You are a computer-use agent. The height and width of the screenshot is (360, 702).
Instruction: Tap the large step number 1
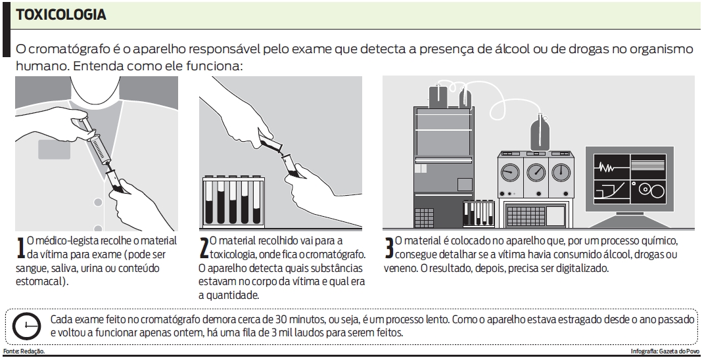[19, 248]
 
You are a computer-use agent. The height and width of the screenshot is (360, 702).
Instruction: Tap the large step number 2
[203, 248]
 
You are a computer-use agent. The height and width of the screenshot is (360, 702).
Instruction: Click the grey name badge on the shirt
[54, 149]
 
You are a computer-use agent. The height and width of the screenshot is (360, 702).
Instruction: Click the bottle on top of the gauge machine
[540, 135]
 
